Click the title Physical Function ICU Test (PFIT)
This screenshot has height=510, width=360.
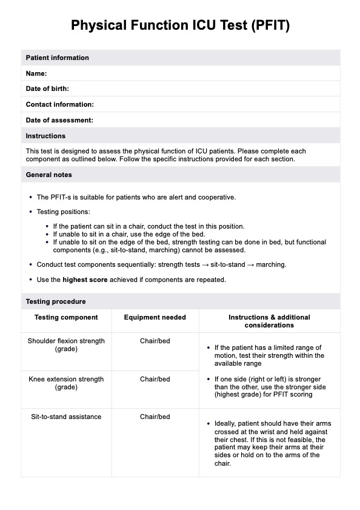point(180,25)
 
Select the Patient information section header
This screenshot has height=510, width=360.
point(57,58)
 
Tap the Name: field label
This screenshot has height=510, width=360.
point(36,73)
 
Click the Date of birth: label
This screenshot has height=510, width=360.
point(47,89)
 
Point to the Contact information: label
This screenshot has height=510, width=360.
point(59,104)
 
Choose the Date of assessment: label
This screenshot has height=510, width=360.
point(59,120)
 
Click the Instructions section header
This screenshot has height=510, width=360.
point(45,136)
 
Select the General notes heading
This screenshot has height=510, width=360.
point(48,175)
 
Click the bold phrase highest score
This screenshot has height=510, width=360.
point(84,280)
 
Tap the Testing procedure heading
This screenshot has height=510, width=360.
point(56,301)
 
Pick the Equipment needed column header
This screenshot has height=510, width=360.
point(155,317)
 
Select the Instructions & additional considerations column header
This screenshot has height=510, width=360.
point(268,321)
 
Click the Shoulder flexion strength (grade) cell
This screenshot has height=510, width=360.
point(67,345)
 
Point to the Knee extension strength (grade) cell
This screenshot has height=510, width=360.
point(67,383)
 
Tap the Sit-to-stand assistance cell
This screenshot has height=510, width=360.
point(67,417)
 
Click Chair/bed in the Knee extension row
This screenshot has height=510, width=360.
point(155,379)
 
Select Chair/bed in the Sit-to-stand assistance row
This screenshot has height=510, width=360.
point(155,417)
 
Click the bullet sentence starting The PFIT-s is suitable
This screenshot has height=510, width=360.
point(136,197)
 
